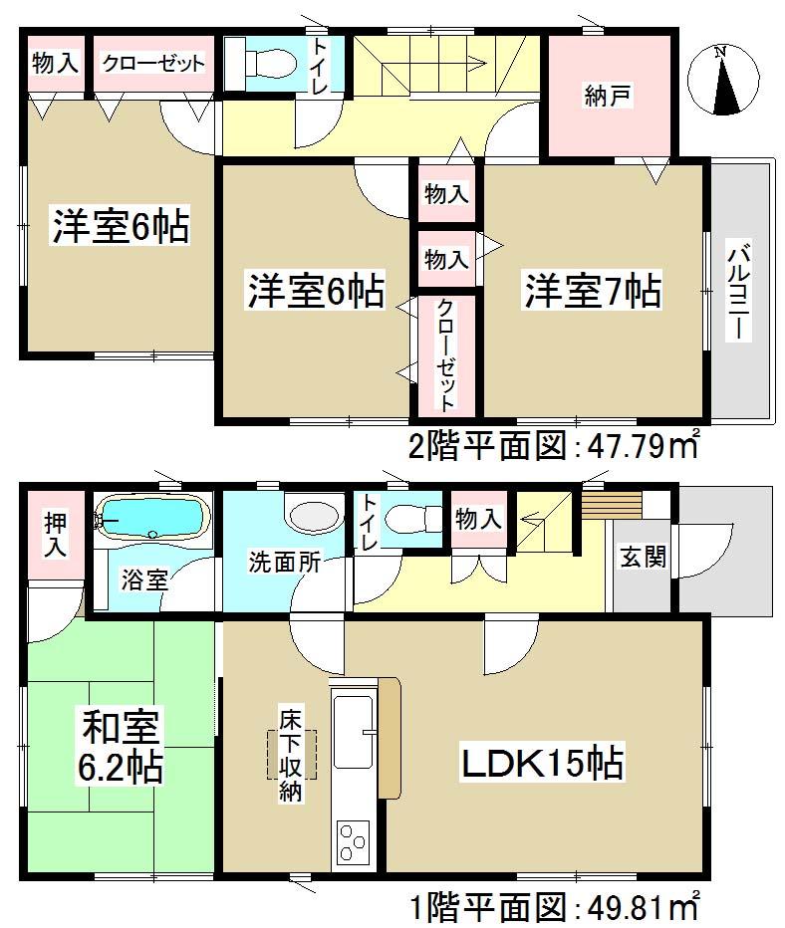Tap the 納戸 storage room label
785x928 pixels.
(609, 97)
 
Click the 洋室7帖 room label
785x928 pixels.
(593, 291)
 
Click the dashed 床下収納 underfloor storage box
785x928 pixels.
(291, 754)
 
